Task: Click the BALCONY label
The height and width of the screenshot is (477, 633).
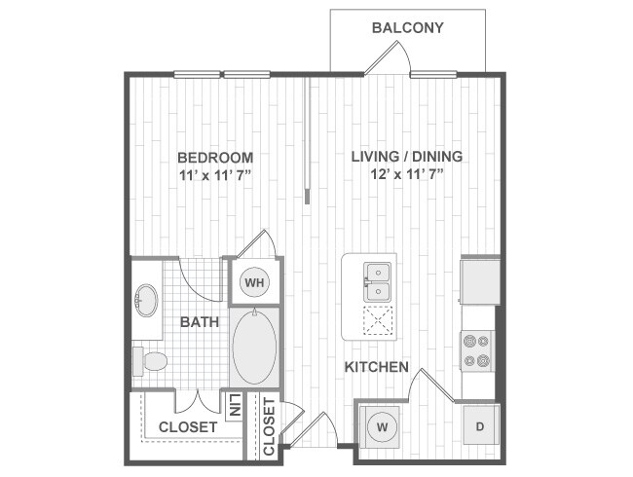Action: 408,28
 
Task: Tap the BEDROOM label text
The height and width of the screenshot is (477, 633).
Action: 215,157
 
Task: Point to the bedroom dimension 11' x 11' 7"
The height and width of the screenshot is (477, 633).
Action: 215,175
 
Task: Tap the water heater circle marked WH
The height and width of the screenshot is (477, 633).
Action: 254,283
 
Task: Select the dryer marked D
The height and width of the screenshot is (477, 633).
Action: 479,425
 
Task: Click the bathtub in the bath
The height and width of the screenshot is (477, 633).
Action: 255,349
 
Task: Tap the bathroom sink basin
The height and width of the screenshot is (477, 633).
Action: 148,300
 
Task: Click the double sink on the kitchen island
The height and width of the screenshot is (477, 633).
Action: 378,281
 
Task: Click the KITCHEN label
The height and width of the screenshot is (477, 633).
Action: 376,368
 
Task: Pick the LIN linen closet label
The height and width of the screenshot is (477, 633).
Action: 234,406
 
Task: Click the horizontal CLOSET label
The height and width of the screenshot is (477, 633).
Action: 188,426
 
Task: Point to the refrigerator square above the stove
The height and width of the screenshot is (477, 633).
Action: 479,279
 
